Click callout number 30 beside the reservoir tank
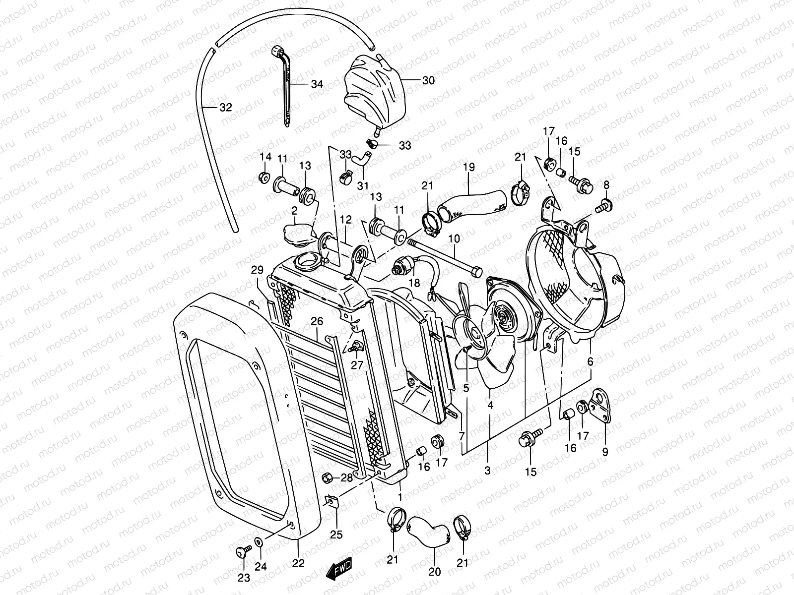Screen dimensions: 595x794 [428, 80]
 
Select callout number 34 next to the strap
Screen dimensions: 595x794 [317, 84]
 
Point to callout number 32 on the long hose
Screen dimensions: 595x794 [225, 108]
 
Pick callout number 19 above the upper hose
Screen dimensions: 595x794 [469, 168]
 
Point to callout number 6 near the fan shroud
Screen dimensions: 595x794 [590, 362]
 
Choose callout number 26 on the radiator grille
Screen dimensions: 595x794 [317, 322]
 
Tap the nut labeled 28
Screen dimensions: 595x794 [328, 478]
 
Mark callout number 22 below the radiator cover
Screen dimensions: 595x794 [298, 564]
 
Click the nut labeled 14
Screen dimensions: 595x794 [264, 177]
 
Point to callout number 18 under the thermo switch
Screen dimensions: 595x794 [414, 283]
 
